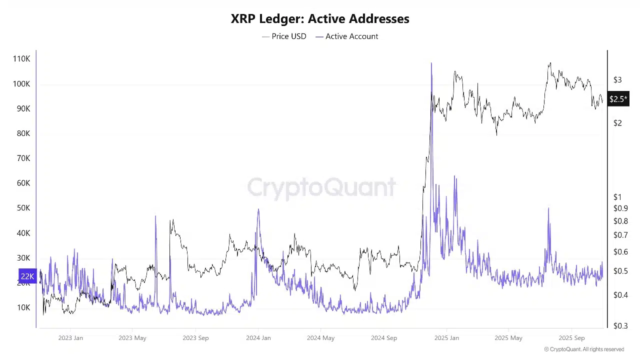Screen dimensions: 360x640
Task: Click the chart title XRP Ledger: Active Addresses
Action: coord(320,19)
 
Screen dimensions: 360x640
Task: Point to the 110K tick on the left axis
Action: coord(21,59)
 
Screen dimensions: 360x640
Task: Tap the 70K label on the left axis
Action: coord(23,158)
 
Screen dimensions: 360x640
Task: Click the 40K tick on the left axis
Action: coord(23,233)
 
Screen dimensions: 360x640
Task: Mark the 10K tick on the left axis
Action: coord(23,307)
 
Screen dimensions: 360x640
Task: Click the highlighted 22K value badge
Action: coord(27,276)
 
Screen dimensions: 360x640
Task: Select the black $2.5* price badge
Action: coord(618,99)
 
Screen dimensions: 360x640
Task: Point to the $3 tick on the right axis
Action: coord(617,80)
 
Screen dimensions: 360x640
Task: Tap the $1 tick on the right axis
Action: coord(617,197)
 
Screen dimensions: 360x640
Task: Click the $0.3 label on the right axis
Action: coord(620,326)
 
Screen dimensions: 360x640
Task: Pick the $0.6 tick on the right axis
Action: coord(620,252)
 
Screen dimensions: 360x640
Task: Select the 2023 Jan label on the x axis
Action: coord(70,338)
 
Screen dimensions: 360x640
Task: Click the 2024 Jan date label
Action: coord(258,338)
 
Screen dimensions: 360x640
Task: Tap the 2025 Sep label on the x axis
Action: coord(571,338)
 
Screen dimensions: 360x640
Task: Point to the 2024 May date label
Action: coord(320,338)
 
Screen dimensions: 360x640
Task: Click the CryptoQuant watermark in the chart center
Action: coord(321,188)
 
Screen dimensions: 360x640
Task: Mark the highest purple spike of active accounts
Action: coord(431,64)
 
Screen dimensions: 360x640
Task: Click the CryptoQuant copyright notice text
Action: coord(584,349)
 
